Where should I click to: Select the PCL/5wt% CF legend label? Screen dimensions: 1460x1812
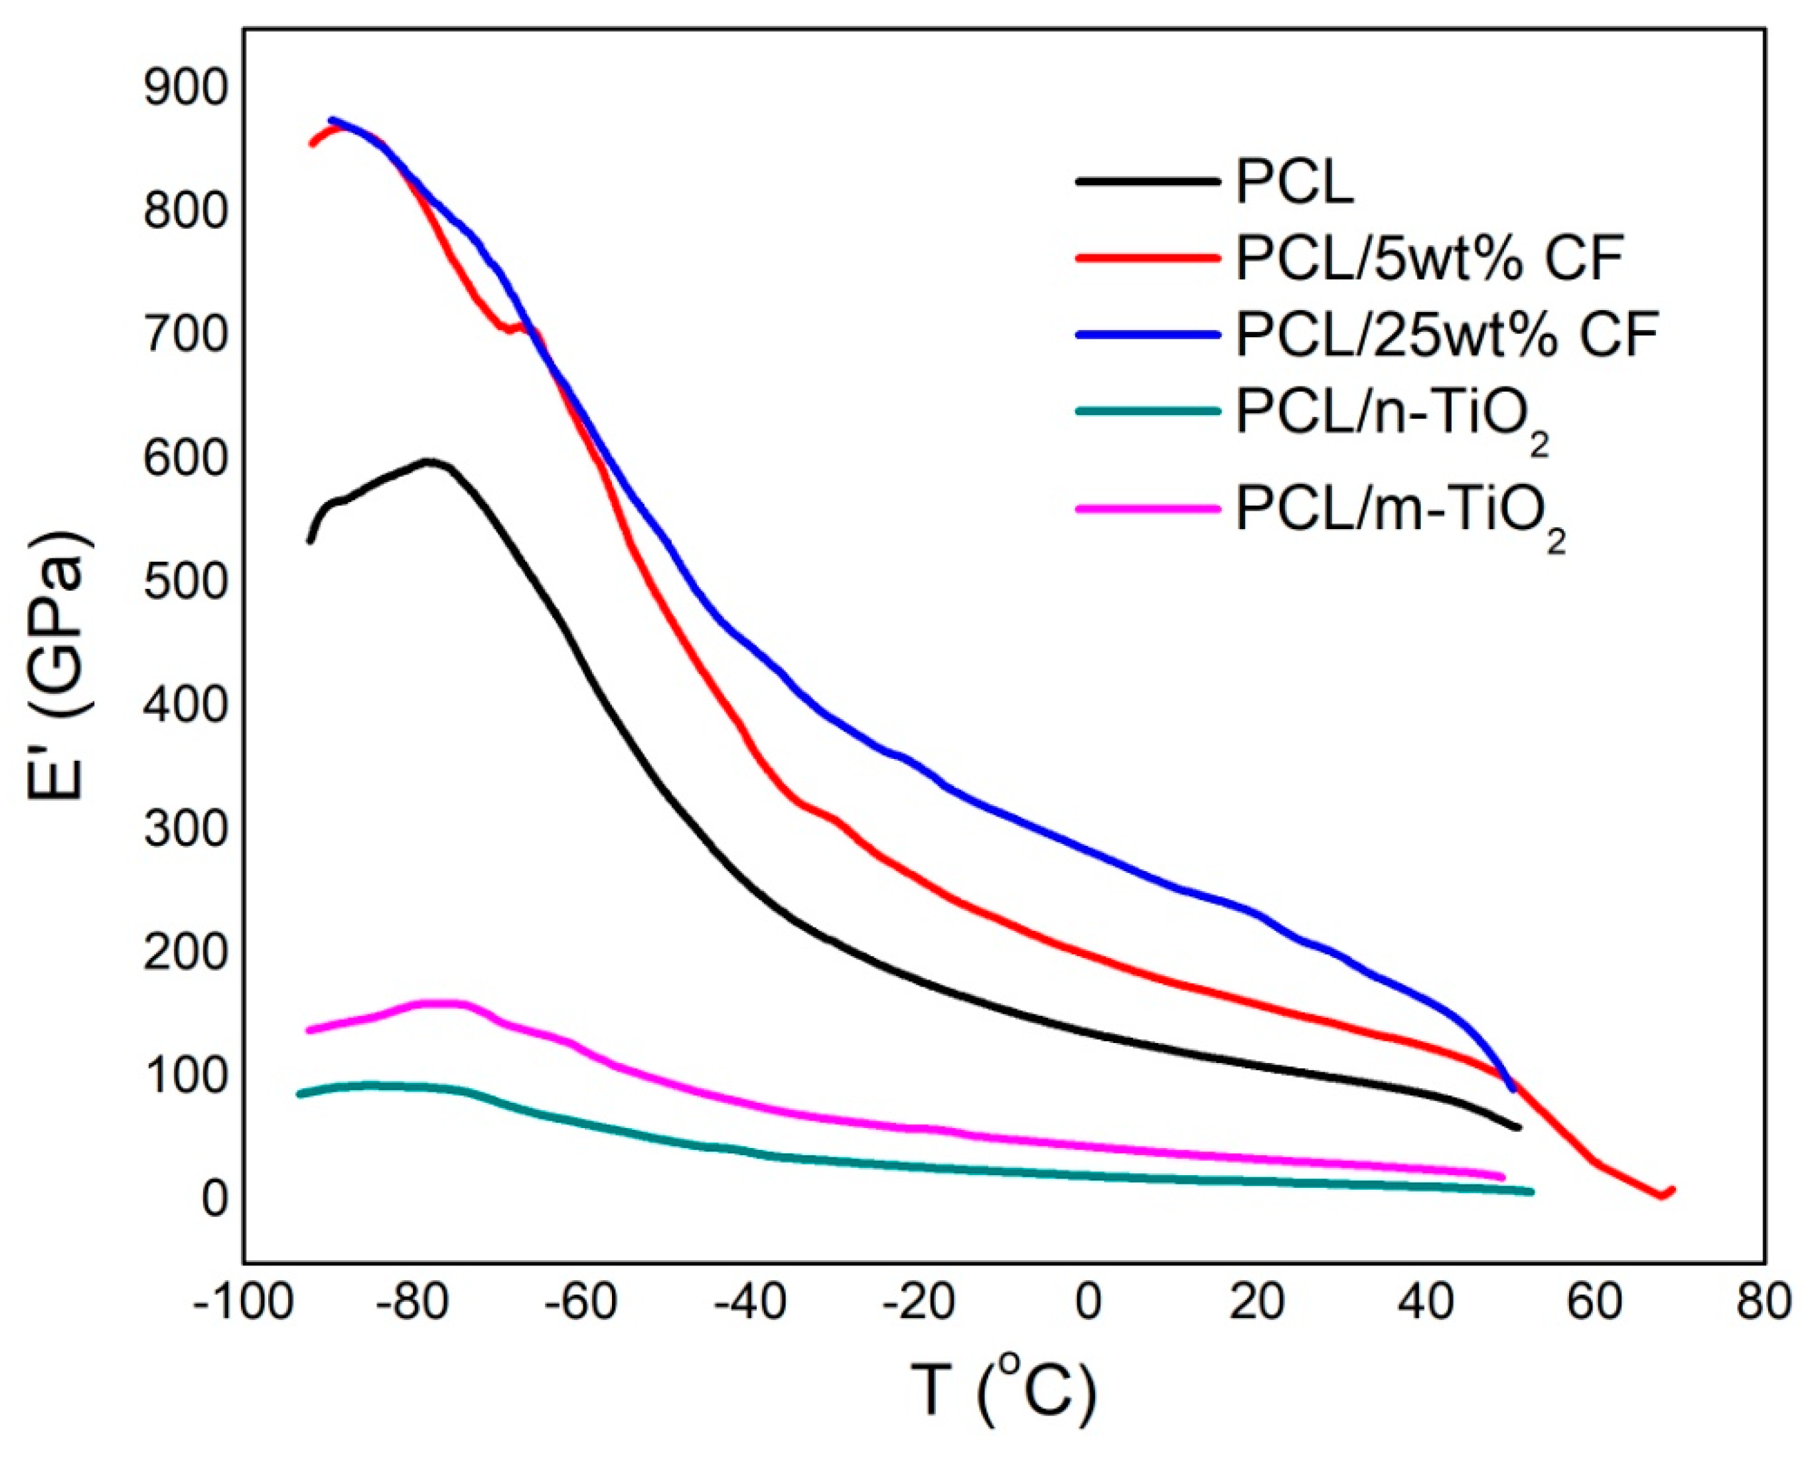(x=1428, y=258)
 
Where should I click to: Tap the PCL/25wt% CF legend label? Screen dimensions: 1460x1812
(x=1446, y=334)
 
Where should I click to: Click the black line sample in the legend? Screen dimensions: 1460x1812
(x=1147, y=181)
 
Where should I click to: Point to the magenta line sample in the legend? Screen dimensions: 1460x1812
(x=1147, y=509)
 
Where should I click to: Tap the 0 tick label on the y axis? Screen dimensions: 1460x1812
(x=214, y=1198)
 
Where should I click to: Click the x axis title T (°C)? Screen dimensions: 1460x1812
(x=1004, y=1391)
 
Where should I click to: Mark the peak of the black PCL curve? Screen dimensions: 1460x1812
(x=429, y=461)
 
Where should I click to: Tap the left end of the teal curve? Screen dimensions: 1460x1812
(x=300, y=1094)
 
